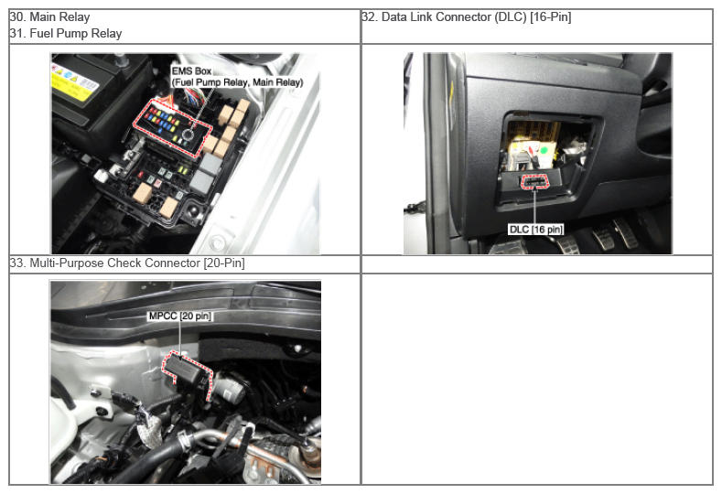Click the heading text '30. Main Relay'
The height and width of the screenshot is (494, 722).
pos(49,17)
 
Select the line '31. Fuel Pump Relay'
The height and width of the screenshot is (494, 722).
pos(66,34)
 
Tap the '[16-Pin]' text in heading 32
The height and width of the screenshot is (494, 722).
pos(551,17)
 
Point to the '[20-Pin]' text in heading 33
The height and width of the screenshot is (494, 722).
pos(224,263)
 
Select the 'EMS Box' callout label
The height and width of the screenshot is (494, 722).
pos(191,71)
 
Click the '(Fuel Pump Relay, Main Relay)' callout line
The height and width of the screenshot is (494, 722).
pos(238,82)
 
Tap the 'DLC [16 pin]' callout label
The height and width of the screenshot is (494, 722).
pos(536,230)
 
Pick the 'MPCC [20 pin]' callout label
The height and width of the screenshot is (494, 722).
pos(180,317)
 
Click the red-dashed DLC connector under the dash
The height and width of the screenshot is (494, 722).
pos(534,182)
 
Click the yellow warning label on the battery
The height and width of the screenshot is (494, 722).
pos(75,82)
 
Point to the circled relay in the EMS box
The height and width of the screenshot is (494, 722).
pos(188,134)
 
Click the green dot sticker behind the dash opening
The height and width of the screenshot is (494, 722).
pos(544,150)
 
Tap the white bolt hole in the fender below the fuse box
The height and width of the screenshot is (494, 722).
pos(216,241)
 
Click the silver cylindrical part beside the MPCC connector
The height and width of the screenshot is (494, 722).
pos(229,390)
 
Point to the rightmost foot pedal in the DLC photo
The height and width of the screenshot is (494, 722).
pos(625,233)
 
